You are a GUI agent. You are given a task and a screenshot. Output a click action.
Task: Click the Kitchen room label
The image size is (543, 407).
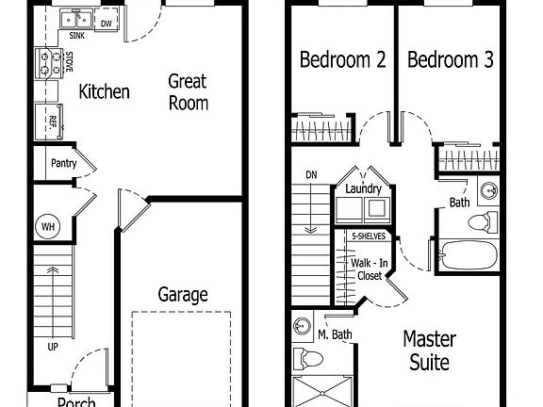[104, 91]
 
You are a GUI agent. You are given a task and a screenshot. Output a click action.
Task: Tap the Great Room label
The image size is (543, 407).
[188, 92]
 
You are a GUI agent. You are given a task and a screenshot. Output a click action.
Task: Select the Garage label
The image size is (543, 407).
[183, 295]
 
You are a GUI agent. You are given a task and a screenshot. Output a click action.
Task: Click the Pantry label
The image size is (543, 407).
[64, 163]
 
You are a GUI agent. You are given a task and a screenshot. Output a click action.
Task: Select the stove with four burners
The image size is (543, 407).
[45, 63]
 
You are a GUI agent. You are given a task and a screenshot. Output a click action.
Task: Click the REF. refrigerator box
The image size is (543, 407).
[46, 120]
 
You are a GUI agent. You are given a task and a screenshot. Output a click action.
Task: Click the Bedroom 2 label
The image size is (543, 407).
[342, 60]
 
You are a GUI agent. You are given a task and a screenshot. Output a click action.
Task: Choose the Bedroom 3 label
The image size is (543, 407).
[451, 60]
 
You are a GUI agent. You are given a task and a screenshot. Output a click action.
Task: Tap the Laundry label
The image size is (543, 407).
[363, 189]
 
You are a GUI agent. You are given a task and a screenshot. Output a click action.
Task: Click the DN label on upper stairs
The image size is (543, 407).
[311, 174]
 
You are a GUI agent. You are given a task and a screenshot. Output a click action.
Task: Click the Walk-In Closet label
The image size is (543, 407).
[368, 269]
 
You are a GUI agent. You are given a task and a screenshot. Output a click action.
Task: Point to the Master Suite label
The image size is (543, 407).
[429, 350]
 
